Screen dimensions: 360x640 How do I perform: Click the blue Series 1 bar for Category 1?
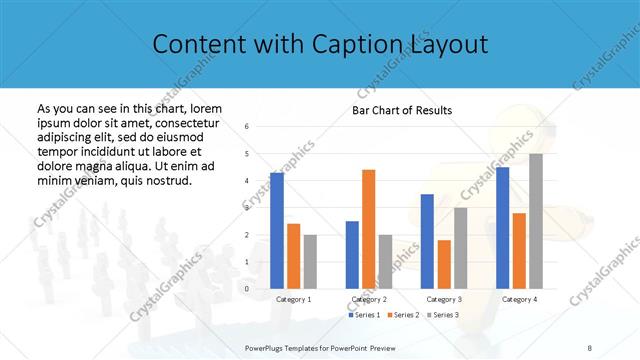point(277,231)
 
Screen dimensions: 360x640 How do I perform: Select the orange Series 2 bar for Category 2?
point(368,229)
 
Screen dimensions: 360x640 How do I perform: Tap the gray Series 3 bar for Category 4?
point(535,221)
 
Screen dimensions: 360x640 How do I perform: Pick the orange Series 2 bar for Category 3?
point(444,264)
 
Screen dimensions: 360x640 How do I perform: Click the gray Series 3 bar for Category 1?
point(310,262)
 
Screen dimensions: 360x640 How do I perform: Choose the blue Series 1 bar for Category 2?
point(352,255)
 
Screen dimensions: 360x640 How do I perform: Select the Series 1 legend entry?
point(364,315)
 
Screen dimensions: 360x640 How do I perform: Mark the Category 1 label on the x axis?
point(294,299)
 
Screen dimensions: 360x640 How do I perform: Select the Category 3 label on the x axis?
point(444,299)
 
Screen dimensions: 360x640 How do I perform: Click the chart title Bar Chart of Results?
point(402,110)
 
